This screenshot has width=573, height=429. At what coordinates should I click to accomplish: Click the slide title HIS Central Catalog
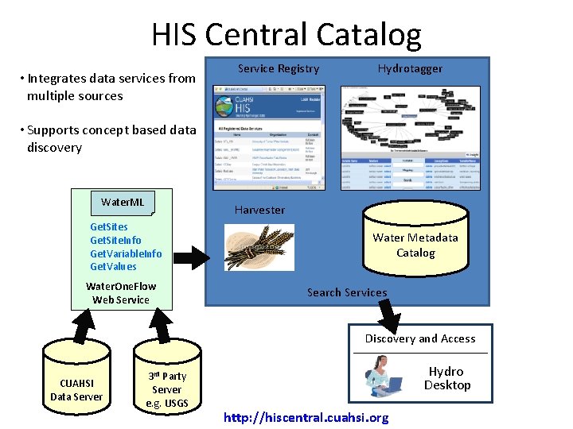click(x=286, y=35)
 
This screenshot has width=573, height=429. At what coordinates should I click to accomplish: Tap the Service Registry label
click(x=279, y=69)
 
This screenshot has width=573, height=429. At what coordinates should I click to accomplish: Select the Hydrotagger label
click(x=410, y=69)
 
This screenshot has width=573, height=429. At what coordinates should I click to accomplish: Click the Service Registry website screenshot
click(x=269, y=137)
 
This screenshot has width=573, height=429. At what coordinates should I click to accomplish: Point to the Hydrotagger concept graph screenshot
click(x=410, y=137)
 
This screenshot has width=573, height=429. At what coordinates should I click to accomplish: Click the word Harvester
click(x=259, y=210)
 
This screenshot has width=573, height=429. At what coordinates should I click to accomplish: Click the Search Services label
click(x=347, y=292)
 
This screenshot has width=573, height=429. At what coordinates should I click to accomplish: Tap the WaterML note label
click(x=123, y=202)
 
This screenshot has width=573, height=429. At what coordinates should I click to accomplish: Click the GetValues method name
click(x=113, y=267)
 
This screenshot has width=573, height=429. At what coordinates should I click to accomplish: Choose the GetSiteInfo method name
click(x=115, y=241)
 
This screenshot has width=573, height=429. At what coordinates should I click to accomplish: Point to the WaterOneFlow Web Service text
click(x=121, y=293)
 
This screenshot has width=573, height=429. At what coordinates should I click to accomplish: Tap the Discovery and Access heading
click(x=420, y=338)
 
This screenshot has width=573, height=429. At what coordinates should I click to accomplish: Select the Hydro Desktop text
click(x=447, y=378)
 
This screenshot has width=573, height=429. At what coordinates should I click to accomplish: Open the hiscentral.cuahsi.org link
click(x=306, y=418)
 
